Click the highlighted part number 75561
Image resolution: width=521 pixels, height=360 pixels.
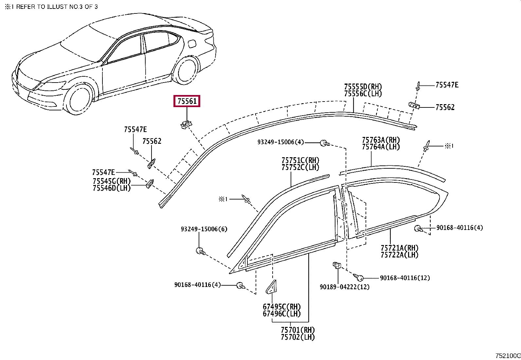tap(187, 101)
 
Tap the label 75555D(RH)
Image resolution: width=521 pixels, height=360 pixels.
tap(363, 87)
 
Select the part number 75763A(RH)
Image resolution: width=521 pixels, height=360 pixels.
tap(381, 140)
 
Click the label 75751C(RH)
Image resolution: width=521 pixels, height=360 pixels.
tap(300, 161)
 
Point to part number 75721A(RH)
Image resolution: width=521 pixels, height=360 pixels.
tap(399, 248)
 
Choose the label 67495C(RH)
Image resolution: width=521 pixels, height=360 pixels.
tap(281, 307)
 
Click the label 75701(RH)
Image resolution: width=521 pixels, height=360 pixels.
tap(297, 330)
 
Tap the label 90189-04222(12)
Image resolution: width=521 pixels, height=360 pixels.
tap(344, 287)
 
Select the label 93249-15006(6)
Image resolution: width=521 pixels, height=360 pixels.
tap(204, 229)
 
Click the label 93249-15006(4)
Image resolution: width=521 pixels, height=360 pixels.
tap(280, 142)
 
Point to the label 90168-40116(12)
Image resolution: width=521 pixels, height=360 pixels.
tap(405, 278)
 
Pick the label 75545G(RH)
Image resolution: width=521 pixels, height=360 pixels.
tap(111, 181)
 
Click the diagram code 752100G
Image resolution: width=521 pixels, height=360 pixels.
tap(508, 356)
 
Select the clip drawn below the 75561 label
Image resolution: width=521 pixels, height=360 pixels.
tap(186, 124)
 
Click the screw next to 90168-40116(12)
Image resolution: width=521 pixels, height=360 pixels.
tap(360, 278)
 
